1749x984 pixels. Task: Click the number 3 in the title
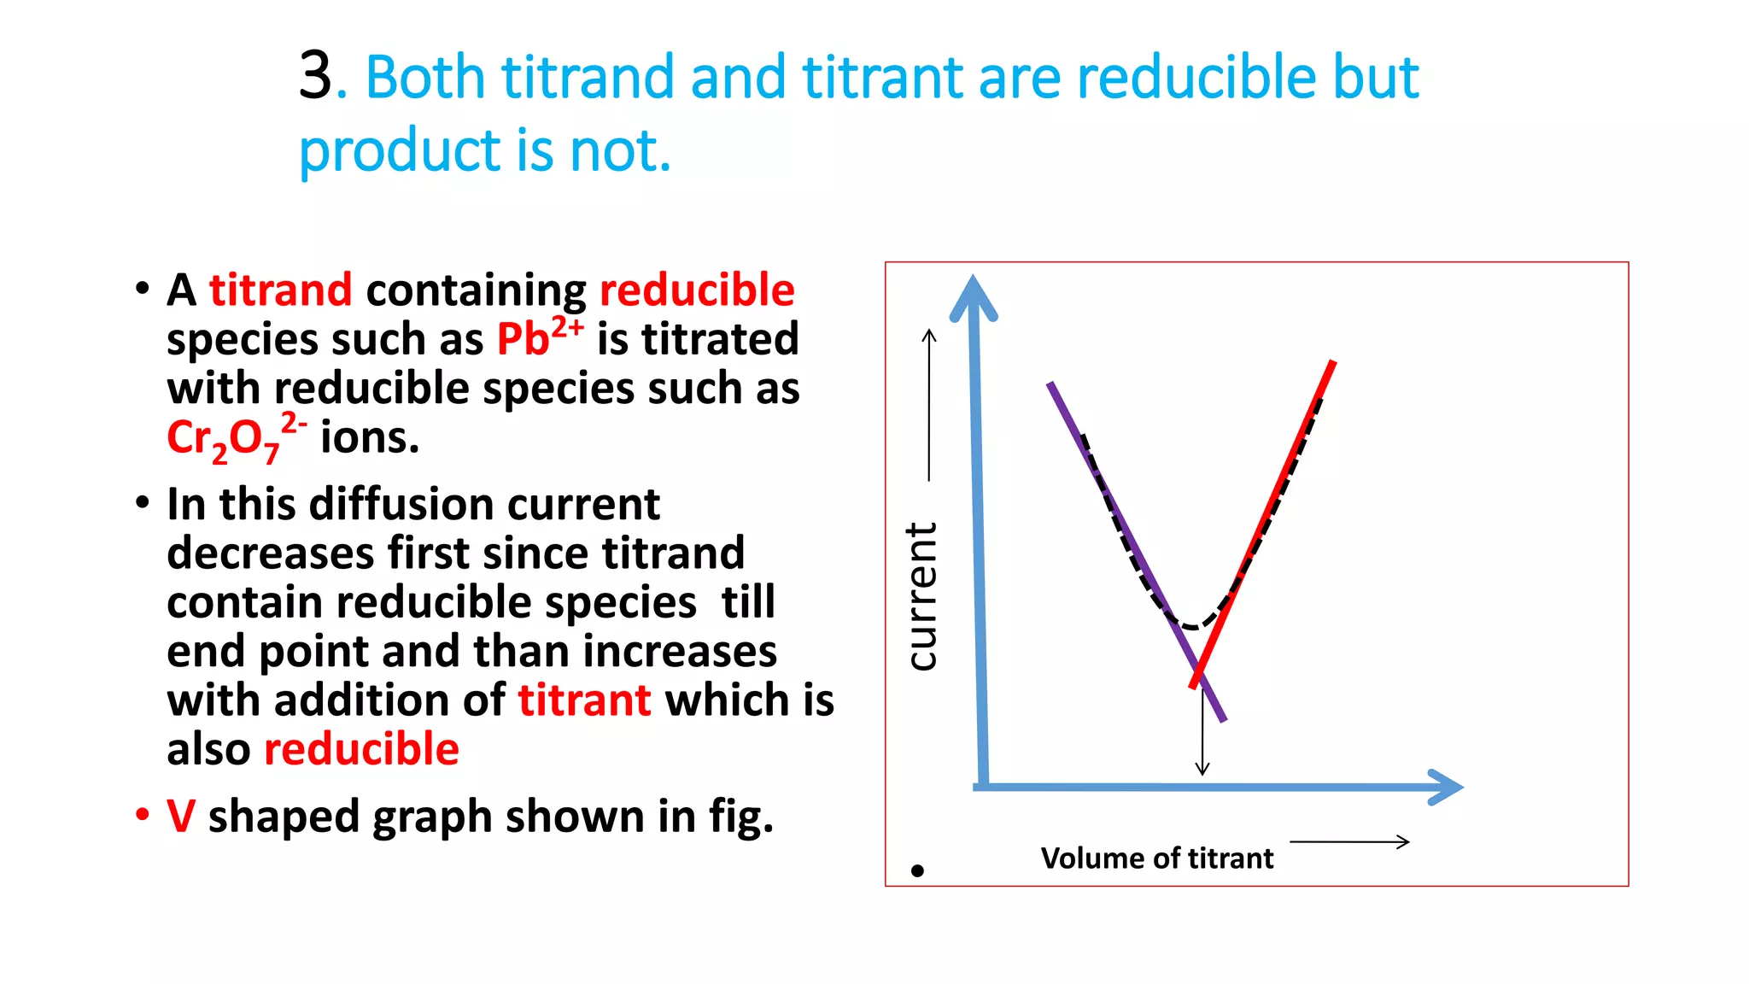[315, 77]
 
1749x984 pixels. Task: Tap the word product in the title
[399, 150]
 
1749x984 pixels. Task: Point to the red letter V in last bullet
[181, 816]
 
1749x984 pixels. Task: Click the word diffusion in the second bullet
[401, 504]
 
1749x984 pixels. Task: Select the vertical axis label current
[922, 595]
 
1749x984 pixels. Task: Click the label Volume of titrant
[1156, 858]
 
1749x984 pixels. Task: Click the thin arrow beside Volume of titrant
[1348, 842]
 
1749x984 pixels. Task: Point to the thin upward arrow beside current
[929, 405]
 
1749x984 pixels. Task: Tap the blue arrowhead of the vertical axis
[974, 296]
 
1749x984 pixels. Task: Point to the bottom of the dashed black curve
[1192, 626]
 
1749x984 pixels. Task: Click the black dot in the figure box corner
[917, 870]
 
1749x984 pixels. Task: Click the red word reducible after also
[361, 749]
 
